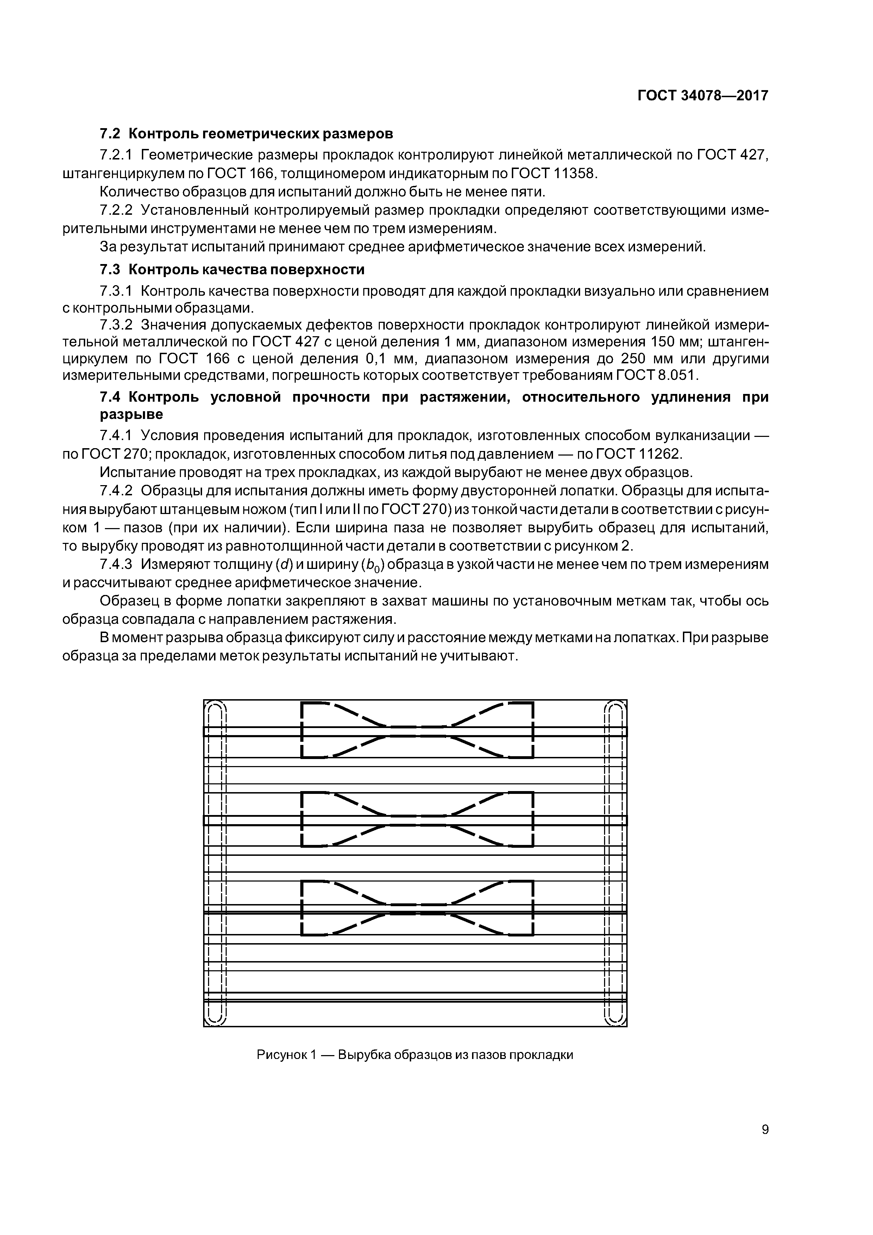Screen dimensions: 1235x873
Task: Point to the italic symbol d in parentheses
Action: (x=282, y=564)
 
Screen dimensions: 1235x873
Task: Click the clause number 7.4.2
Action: (x=116, y=491)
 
